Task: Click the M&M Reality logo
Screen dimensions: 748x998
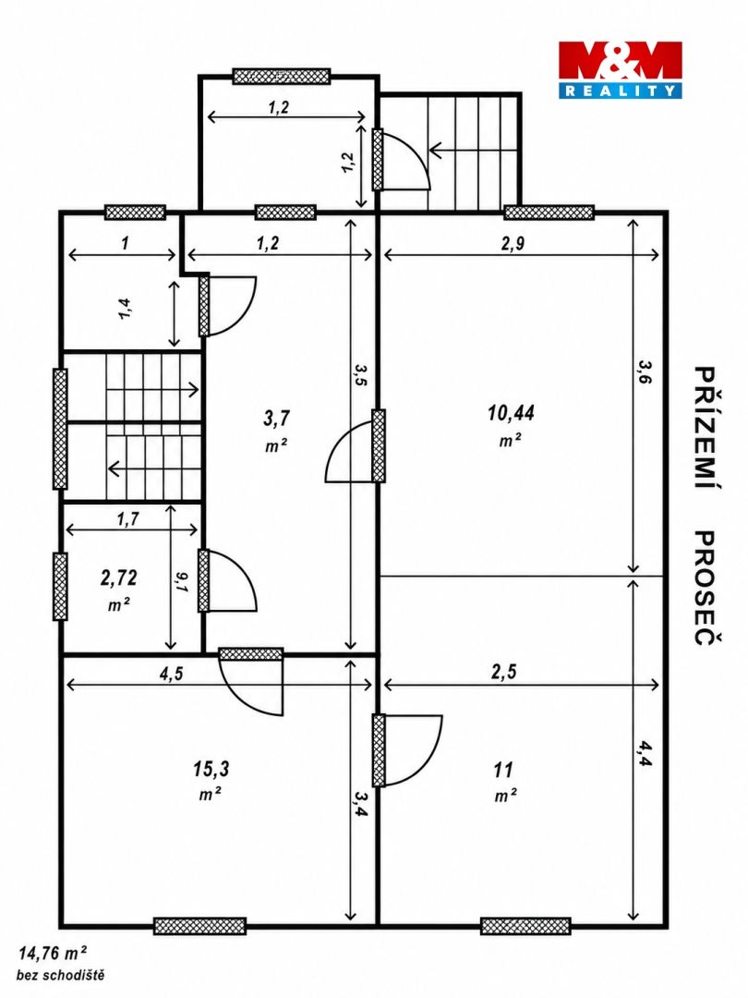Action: point(621,69)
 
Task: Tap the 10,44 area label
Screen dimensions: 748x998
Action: point(511,413)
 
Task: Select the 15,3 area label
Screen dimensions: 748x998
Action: point(211,769)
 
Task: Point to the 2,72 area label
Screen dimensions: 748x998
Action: point(118,578)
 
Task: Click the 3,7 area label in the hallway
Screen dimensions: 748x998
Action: point(276,419)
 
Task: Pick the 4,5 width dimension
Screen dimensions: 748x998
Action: point(171,674)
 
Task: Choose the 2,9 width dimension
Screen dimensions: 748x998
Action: point(513,244)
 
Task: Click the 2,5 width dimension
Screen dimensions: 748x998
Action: point(504,672)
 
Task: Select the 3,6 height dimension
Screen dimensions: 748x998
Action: point(645,371)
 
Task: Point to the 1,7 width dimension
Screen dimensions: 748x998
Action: point(127,519)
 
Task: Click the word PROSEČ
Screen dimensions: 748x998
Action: point(706,588)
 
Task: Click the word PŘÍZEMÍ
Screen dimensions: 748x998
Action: point(706,429)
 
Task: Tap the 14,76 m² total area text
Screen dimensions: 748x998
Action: point(53,953)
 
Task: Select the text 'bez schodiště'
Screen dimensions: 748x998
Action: point(60,975)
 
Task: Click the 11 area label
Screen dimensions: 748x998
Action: point(503,770)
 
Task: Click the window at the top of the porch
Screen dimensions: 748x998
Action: point(281,77)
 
